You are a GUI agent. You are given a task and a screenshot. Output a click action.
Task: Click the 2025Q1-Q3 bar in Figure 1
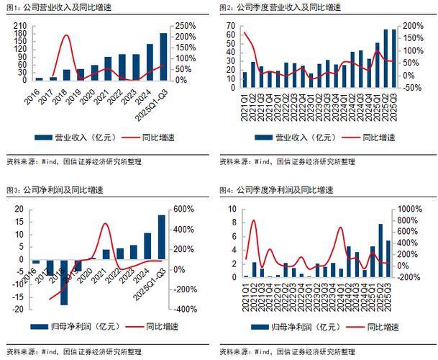163,57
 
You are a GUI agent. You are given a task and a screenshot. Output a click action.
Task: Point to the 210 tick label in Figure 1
21,25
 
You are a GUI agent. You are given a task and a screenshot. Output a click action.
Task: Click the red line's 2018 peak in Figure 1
66,36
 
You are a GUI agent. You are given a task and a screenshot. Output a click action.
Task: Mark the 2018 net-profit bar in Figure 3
64,282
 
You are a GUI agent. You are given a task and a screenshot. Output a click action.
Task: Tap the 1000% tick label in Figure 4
409,209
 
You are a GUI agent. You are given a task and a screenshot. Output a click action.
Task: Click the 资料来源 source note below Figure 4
288,351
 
